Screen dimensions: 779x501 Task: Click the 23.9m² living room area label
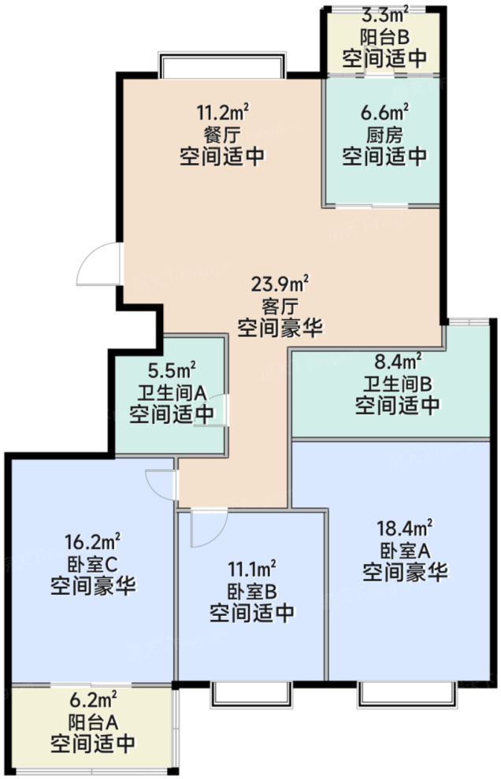pos(280,283)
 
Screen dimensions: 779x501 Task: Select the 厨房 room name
pos(384,133)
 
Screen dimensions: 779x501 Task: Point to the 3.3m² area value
pos(384,13)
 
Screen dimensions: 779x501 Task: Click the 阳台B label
pos(384,35)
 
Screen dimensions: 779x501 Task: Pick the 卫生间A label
pos(171,391)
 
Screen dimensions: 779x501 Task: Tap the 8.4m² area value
pos(397,362)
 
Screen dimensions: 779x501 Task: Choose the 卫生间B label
pos(397,384)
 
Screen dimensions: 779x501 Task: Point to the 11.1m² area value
pos(252,567)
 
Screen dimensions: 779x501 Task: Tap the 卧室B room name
pos(252,589)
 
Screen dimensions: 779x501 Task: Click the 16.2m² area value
pos(93,541)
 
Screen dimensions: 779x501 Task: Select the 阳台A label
pos(92,720)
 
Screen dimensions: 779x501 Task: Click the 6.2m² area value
pos(92,698)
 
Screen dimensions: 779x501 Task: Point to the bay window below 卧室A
pos(407,693)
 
